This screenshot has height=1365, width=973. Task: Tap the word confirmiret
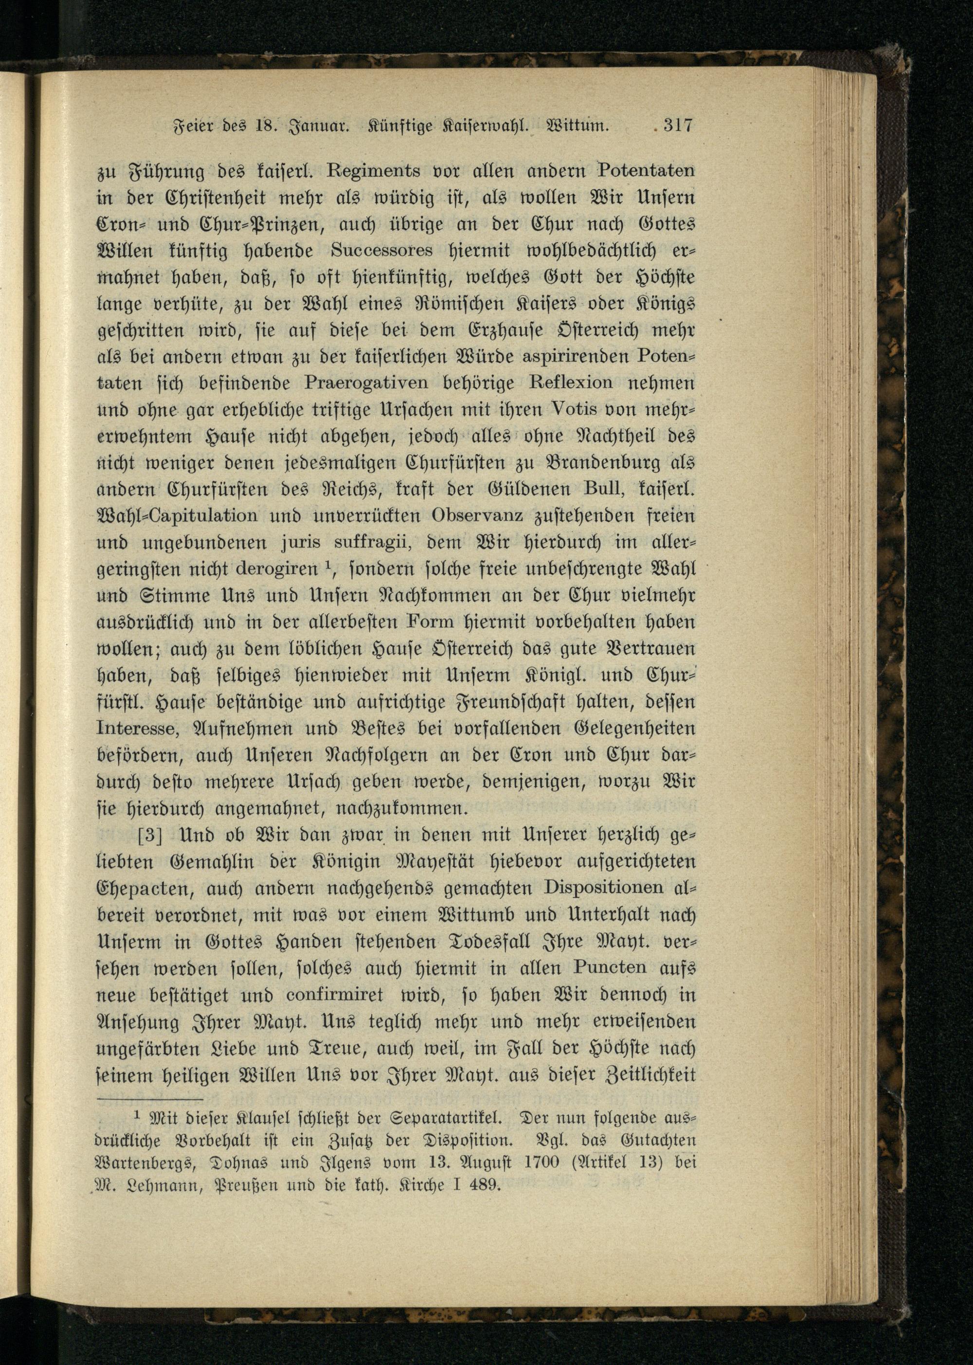coord(334,994)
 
